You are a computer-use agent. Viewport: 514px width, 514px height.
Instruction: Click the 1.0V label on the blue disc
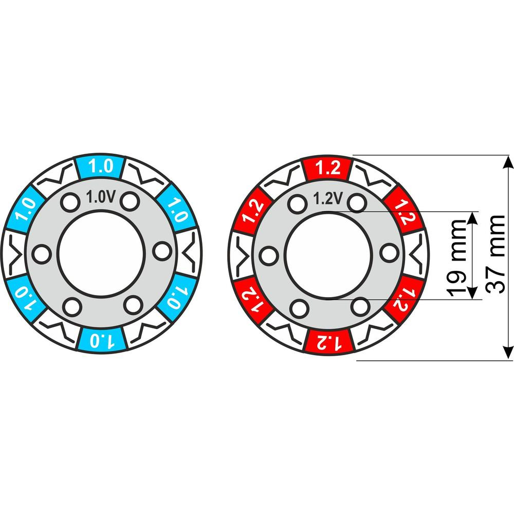(101, 197)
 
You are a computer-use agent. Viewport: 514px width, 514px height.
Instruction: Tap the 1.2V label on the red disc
(328, 198)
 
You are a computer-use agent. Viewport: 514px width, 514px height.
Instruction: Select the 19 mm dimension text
(456, 258)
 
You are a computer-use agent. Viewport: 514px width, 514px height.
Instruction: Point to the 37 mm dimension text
(495, 254)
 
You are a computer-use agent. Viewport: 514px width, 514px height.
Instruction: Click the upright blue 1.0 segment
(101, 167)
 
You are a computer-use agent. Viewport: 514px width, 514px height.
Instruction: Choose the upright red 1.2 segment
(328, 169)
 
